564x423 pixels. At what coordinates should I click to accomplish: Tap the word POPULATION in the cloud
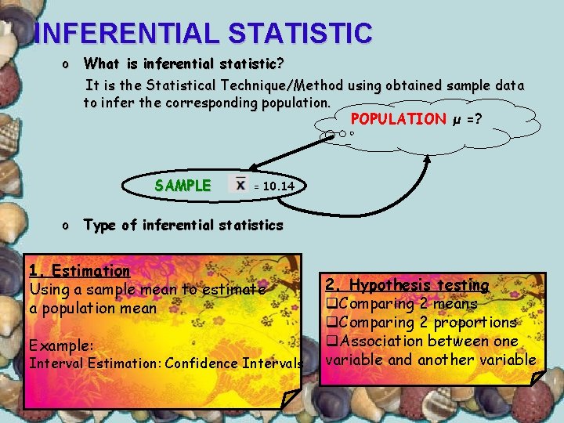[398, 119]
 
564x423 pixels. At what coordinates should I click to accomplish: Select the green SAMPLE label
[183, 186]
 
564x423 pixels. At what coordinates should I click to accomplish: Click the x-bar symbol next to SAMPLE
[240, 183]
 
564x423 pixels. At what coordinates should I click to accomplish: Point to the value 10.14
[279, 186]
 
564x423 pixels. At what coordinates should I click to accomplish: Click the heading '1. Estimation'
[79, 271]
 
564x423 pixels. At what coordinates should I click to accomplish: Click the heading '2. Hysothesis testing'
[407, 285]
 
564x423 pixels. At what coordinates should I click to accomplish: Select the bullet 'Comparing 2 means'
[407, 304]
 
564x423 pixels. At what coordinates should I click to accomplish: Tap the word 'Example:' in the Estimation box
[61, 345]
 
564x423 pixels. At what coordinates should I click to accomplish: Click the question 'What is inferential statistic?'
[183, 63]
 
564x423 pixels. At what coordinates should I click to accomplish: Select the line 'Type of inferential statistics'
[183, 226]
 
